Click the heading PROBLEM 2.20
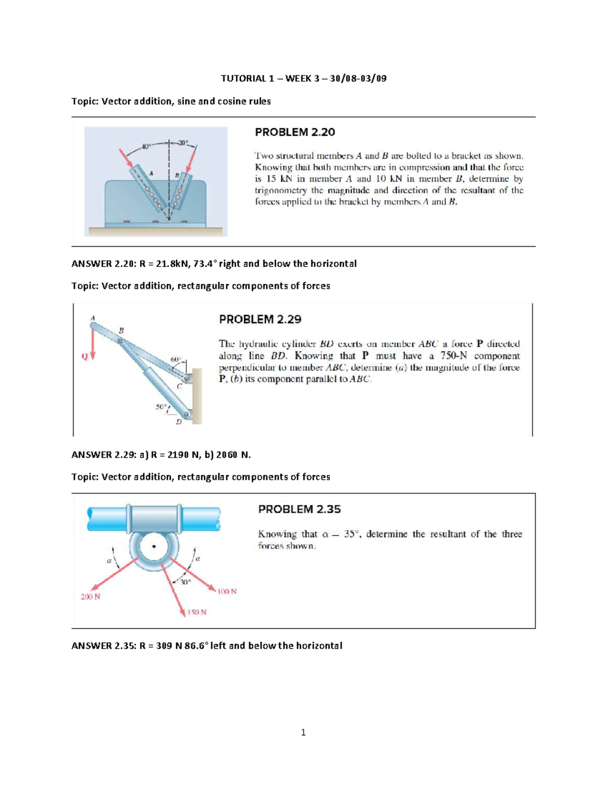(x=294, y=132)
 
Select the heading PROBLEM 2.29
(x=260, y=319)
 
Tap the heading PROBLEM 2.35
(x=299, y=509)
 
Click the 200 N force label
(x=91, y=596)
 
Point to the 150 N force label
(x=197, y=612)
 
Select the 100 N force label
(x=227, y=591)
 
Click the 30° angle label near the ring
(x=185, y=582)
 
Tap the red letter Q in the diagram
(x=85, y=356)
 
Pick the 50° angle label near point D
(x=161, y=406)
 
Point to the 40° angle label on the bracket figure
(x=146, y=146)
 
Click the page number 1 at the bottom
(x=303, y=732)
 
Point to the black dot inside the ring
(x=154, y=547)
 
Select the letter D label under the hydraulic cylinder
(x=178, y=421)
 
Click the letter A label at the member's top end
(x=93, y=318)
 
